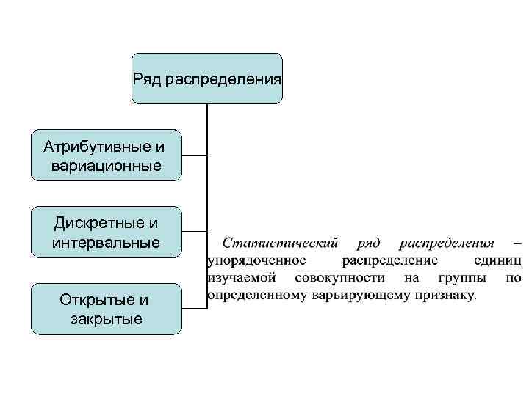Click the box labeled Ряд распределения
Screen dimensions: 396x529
[x=207, y=78]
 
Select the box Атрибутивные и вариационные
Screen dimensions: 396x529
[x=106, y=155]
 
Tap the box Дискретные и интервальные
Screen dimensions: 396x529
[x=106, y=232]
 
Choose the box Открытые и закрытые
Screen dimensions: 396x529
[x=106, y=309]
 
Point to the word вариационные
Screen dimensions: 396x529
[x=106, y=166]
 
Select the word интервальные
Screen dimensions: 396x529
[x=106, y=242]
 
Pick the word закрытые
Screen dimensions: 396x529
[x=106, y=319]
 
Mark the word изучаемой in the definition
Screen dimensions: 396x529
[x=242, y=279]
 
